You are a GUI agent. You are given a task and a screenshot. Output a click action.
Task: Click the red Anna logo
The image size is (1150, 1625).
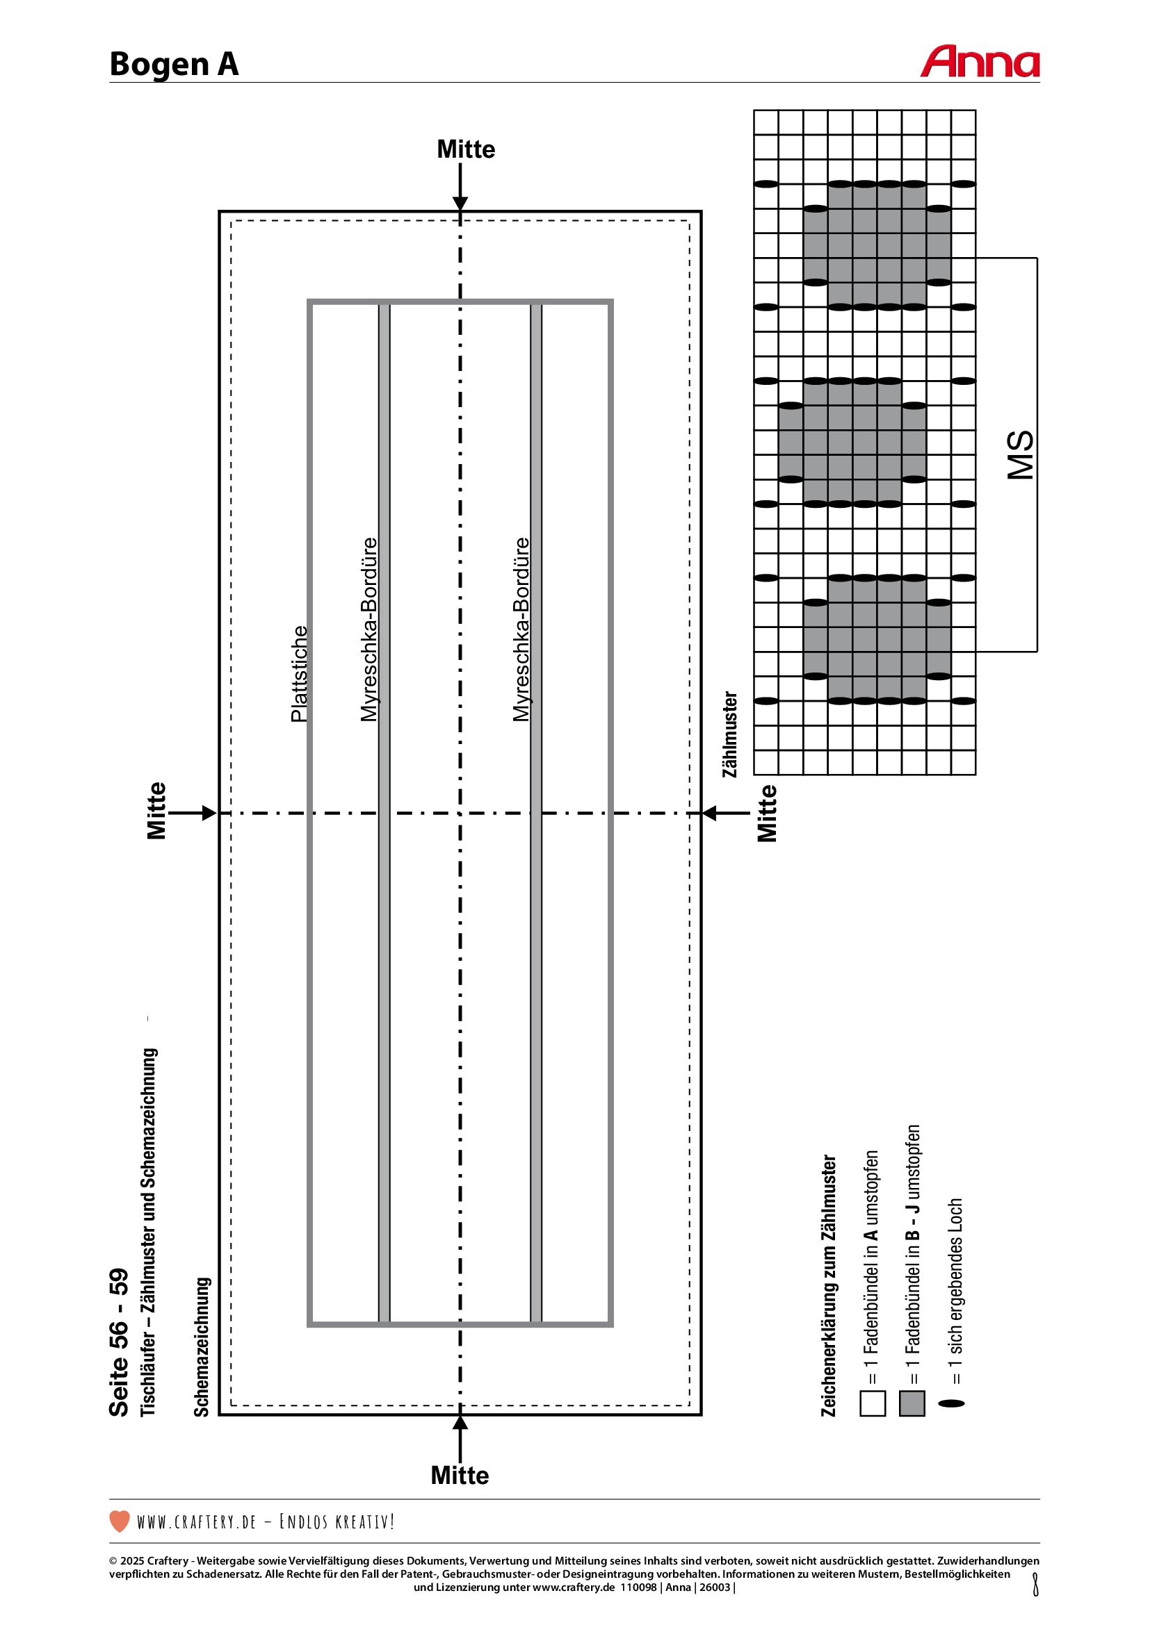tap(980, 62)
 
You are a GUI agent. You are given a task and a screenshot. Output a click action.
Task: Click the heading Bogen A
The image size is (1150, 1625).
tap(175, 65)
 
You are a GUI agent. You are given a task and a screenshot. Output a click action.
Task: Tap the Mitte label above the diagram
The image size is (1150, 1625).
tap(465, 149)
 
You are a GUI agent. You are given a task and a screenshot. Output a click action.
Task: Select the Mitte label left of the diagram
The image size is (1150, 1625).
tap(156, 810)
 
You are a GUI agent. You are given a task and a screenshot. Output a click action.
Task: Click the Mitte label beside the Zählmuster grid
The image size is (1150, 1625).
tap(767, 814)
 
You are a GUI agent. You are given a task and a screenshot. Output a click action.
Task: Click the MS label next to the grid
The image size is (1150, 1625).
tap(1021, 454)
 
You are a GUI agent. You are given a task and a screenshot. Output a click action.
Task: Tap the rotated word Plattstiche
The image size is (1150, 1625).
tap(300, 674)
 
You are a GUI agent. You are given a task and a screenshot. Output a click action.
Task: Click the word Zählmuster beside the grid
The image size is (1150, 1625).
tap(730, 734)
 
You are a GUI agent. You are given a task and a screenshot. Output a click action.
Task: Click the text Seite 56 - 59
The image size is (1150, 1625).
tap(119, 1343)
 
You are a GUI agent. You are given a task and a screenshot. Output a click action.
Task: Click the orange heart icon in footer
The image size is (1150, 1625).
tap(120, 1521)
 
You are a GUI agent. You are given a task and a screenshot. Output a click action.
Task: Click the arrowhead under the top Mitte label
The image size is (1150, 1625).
tap(460, 204)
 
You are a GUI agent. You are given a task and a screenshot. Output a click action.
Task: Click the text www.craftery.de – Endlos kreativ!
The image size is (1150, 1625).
tap(266, 1521)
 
